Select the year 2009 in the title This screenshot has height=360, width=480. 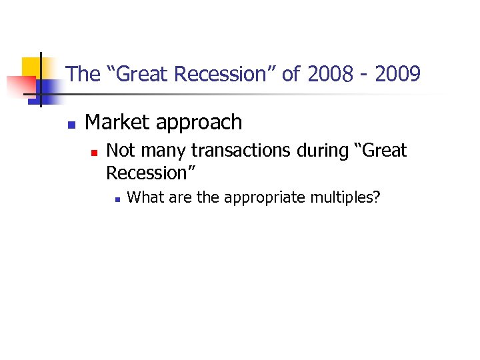click(x=397, y=74)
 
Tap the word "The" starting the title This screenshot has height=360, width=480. click(x=83, y=74)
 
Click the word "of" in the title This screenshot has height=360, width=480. click(x=291, y=74)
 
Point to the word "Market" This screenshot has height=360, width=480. click(x=116, y=123)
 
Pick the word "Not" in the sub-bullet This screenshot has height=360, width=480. click(x=121, y=151)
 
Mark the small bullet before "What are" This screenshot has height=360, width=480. click(x=116, y=199)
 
